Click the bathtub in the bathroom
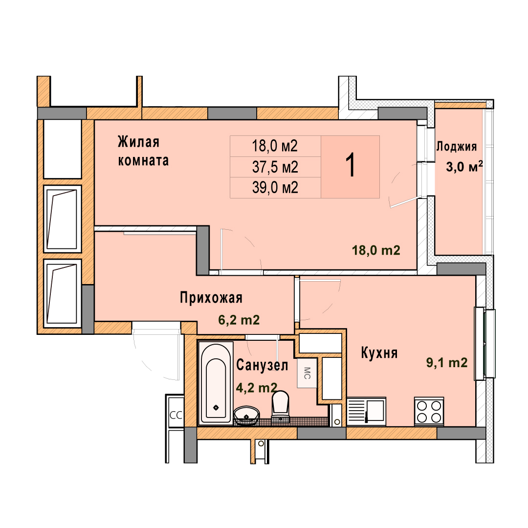click(216, 383)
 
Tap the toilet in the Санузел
click(281, 406)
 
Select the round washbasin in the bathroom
click(246, 416)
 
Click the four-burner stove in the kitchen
click(429, 411)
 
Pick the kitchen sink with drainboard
click(366, 410)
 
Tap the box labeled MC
click(307, 373)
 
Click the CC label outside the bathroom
click(176, 415)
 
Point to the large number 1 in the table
click(351, 165)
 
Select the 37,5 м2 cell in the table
click(275, 167)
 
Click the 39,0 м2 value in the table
click(275, 188)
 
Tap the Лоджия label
click(457, 147)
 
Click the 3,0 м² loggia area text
click(464, 166)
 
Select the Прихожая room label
click(211, 298)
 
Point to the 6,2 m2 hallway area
click(239, 320)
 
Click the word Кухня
click(379, 353)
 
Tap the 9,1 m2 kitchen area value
click(447, 363)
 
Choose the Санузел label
click(262, 365)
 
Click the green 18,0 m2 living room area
click(376, 250)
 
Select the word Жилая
click(138, 142)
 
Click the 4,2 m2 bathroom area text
click(257, 388)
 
